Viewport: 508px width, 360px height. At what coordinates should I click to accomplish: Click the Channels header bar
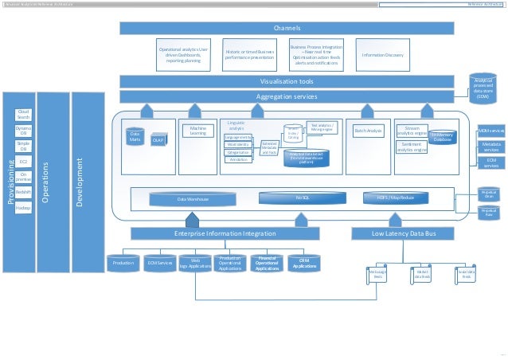[287, 29]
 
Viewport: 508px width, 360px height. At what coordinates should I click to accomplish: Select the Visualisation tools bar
[287, 81]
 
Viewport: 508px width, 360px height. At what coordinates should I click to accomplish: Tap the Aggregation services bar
[287, 96]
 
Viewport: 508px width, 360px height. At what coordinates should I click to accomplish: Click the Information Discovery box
[382, 55]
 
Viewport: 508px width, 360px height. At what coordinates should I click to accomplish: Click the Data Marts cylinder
[135, 137]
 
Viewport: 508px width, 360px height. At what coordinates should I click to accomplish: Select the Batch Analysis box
[369, 130]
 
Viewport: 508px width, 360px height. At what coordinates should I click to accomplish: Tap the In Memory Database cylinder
[442, 137]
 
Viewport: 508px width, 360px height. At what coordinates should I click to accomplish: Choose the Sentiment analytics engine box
[412, 147]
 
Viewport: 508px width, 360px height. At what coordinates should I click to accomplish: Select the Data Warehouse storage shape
[193, 198]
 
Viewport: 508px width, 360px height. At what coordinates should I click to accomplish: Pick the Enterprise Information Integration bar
[225, 233]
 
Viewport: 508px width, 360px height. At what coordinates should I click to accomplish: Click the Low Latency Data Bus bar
[404, 233]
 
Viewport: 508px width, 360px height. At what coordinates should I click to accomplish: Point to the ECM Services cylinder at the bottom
[161, 263]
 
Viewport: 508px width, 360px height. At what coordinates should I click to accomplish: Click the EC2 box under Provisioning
[23, 162]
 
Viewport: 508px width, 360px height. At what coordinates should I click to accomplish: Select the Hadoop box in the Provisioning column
[23, 207]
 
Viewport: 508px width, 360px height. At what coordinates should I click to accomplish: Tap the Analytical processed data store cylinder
[483, 88]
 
